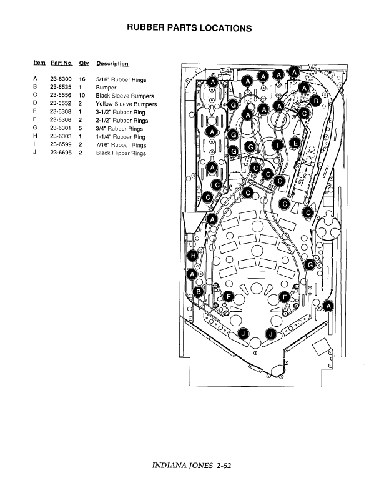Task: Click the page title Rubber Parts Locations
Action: click(x=189, y=27)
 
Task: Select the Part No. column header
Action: click(x=62, y=63)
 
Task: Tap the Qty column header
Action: click(x=84, y=64)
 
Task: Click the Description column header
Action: click(x=112, y=64)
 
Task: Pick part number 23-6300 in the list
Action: click(x=61, y=79)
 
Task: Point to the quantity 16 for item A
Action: click(x=82, y=79)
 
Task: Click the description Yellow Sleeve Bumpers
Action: click(x=126, y=104)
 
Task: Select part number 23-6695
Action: click(x=61, y=152)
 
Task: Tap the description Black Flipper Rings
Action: click(x=121, y=153)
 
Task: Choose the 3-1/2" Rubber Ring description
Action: click(x=121, y=112)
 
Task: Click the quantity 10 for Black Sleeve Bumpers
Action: click(x=82, y=95)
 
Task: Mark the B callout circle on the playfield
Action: click(x=199, y=292)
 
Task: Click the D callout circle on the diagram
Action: click(x=315, y=101)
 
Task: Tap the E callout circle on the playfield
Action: click(x=295, y=143)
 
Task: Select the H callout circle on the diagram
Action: click(x=193, y=256)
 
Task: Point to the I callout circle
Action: click(x=277, y=145)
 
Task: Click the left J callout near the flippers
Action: click(x=243, y=334)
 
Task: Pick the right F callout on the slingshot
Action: click(x=285, y=297)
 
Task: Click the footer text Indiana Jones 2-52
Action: click(x=192, y=466)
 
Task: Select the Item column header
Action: click(x=39, y=62)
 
